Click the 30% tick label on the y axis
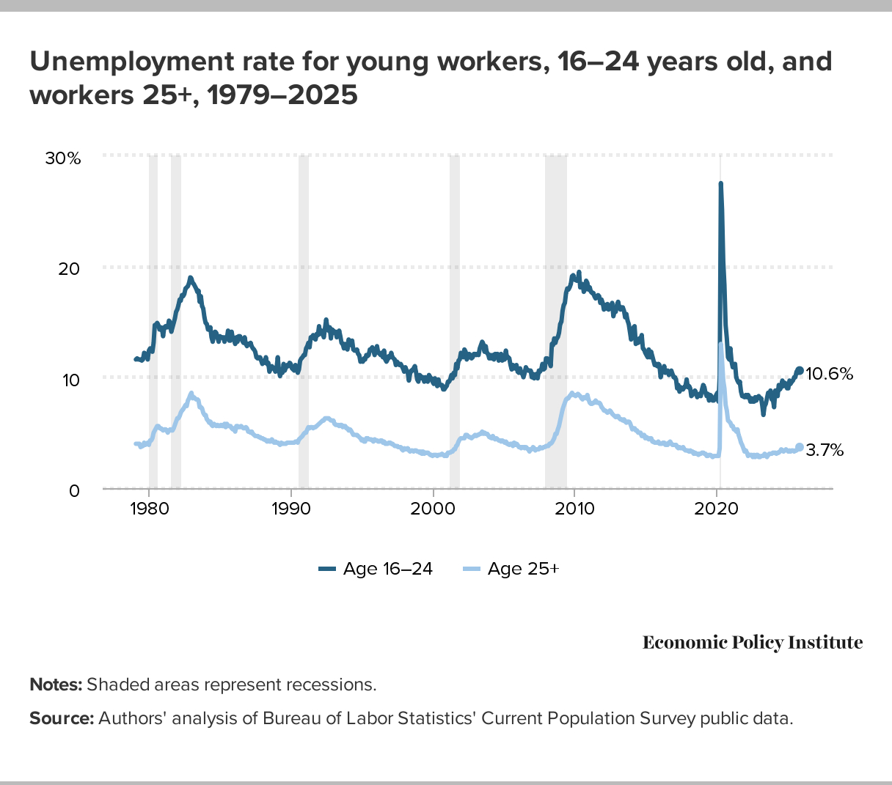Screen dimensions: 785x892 (x=63, y=158)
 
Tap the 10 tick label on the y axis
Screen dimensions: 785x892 (x=70, y=380)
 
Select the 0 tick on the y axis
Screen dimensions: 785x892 (x=74, y=490)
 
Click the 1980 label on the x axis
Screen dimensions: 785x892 (x=149, y=509)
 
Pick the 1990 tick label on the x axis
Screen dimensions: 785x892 (x=291, y=509)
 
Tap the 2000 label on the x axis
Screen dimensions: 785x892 (x=433, y=509)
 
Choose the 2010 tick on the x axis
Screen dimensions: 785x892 (x=574, y=509)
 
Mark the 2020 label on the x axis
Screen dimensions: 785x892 (x=717, y=509)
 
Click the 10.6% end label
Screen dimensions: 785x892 (x=830, y=374)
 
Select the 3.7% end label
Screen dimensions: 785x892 (x=825, y=450)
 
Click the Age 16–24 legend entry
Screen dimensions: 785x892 (x=376, y=569)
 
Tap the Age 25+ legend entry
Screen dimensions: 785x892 (x=512, y=569)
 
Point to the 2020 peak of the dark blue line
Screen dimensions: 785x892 (x=720, y=184)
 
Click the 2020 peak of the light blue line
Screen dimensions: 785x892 (x=720, y=344)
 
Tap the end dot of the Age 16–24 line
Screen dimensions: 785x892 (x=800, y=370)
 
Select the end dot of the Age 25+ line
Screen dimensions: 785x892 (x=800, y=447)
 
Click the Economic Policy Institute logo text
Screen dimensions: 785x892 (x=753, y=643)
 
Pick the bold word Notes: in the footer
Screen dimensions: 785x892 (x=56, y=685)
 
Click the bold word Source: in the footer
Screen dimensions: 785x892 (x=62, y=718)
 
